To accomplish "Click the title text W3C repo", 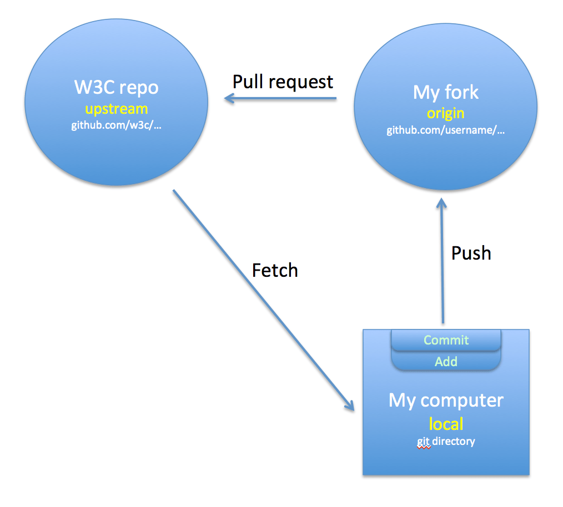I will pos(116,88).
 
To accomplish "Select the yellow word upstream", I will pos(116,108).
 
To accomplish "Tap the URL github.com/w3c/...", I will pos(116,125).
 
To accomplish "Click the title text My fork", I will pos(445,92).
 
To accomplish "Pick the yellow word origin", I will pos(445,113).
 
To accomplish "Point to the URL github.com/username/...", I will pos(446,131).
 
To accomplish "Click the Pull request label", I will pos(283,82).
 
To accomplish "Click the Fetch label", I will pos(275,270).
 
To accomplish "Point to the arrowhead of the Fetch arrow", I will pos(350,405).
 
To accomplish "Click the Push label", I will pos(471,253).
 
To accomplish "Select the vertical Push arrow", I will pos(442,266).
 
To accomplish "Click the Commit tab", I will pos(446,340).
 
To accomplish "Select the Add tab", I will pos(446,362).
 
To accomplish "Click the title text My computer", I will pos(446,400).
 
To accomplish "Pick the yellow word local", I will pos(446,424).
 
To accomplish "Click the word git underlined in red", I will pos(424,442).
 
